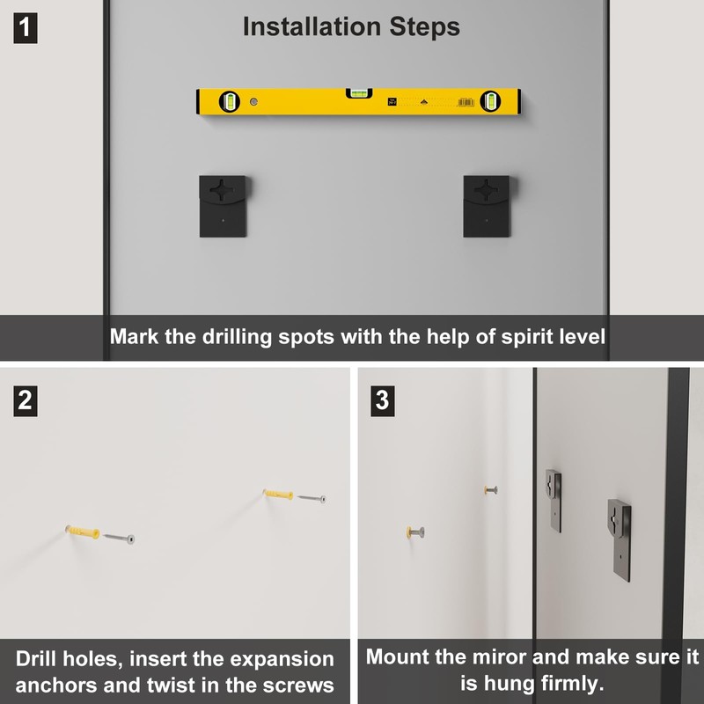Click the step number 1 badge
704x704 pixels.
click(26, 28)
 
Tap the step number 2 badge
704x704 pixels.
click(26, 400)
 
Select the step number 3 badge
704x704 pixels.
click(382, 400)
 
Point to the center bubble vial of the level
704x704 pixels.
click(359, 93)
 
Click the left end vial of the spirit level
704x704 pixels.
click(230, 101)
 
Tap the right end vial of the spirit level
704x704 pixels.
click(490, 101)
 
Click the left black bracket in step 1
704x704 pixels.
click(223, 206)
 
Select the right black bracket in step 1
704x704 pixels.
click(487, 206)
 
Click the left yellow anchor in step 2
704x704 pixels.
click(83, 532)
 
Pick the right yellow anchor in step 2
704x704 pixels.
click(278, 494)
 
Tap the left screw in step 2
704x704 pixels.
click(119, 538)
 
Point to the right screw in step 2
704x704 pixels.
click(312, 498)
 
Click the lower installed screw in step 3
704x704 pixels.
click(415, 532)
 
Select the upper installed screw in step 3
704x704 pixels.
click(491, 490)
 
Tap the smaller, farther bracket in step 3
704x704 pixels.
click(554, 501)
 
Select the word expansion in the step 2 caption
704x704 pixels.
click(282, 659)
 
